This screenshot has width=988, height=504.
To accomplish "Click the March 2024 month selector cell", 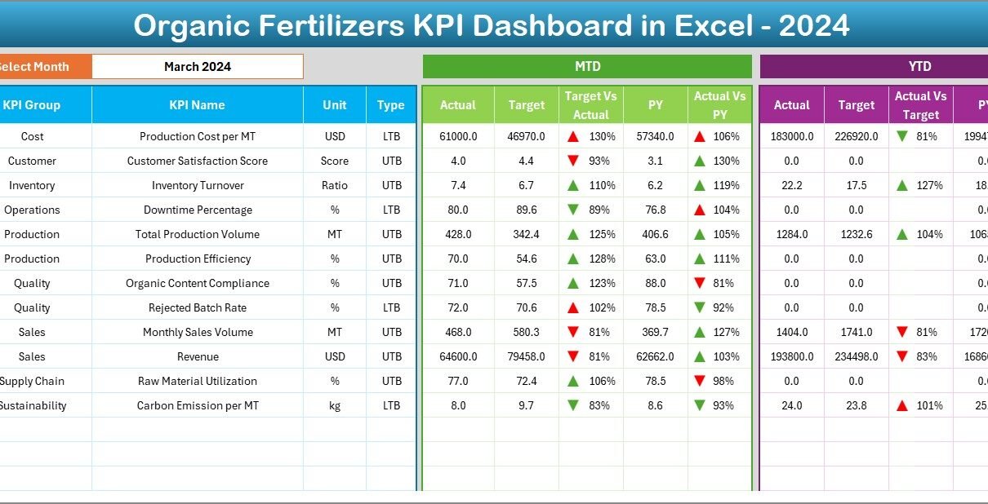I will [197, 67].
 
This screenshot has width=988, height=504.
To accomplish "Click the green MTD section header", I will [587, 67].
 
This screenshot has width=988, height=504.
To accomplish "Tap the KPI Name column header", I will [197, 105].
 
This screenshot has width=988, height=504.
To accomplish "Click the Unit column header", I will [335, 105].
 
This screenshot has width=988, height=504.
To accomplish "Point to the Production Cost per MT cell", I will [197, 136].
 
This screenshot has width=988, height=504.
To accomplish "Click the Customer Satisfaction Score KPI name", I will [197, 161].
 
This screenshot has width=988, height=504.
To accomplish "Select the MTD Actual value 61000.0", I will [457, 136].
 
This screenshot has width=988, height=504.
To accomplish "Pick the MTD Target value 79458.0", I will [526, 356].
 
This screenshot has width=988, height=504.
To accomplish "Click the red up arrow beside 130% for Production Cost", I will [573, 136].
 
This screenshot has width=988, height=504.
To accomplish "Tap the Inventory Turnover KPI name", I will [197, 185].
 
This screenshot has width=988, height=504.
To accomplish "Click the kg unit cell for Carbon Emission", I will [335, 405].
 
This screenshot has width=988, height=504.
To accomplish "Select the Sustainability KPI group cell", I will [33, 405].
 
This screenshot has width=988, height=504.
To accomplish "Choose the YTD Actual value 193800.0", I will [791, 356].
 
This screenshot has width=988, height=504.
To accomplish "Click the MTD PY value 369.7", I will [655, 332].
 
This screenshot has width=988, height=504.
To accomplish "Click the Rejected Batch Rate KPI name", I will [197, 307].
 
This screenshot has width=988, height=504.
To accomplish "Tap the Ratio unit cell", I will [335, 185].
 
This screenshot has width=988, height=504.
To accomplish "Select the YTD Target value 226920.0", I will [856, 136].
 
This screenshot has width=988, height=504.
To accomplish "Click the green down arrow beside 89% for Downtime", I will [573, 210].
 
